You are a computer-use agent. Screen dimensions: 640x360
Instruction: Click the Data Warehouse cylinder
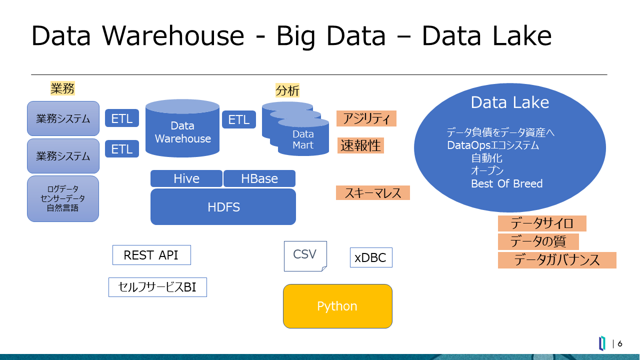tap(182, 128)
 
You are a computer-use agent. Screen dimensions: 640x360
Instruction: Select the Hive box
tap(186, 178)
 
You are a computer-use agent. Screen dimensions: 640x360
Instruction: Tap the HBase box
tap(259, 178)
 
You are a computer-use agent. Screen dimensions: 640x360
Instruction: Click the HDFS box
tap(223, 206)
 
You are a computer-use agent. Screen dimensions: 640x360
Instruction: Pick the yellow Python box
tap(337, 306)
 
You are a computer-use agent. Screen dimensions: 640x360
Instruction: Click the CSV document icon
tap(305, 256)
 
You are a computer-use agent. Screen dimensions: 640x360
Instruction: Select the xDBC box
tap(371, 257)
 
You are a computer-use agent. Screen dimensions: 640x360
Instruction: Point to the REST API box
tap(151, 255)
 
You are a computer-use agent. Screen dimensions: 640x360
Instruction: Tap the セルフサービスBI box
tap(157, 287)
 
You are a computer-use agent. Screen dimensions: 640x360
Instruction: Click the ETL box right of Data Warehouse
tap(239, 119)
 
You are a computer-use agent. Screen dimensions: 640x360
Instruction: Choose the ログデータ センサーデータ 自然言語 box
tap(63, 198)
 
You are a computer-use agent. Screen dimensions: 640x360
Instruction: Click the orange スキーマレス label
tap(373, 193)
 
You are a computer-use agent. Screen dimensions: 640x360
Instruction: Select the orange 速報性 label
tap(360, 145)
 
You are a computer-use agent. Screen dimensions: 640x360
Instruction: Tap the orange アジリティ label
tap(366, 118)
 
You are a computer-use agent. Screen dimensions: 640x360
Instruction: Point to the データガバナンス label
tap(557, 260)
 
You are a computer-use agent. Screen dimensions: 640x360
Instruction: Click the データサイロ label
tap(542, 223)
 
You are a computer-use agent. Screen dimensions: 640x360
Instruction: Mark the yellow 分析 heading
tap(287, 90)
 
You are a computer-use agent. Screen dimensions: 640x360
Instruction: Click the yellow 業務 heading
tap(62, 88)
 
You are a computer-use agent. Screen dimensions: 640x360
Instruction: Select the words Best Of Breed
tap(506, 183)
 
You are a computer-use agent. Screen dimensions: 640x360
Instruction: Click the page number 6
tap(619, 343)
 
